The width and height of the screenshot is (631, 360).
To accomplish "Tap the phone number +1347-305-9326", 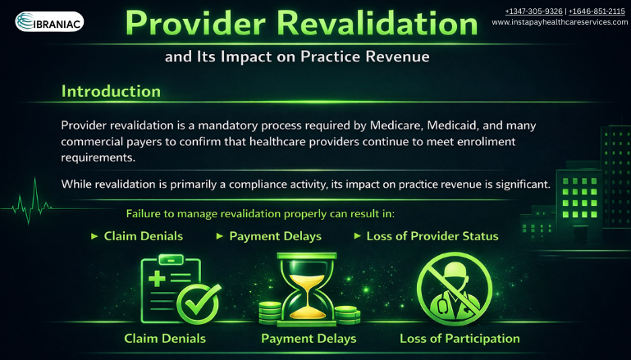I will pyautogui.click(x=533, y=11).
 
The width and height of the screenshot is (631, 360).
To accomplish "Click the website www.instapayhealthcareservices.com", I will pyautogui.click(x=560, y=22).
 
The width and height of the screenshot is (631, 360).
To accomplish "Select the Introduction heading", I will pyautogui.click(x=111, y=90).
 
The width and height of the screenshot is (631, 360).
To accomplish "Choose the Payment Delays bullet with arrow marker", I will pyautogui.click(x=270, y=236).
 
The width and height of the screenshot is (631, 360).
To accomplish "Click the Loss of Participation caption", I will pyautogui.click(x=460, y=339).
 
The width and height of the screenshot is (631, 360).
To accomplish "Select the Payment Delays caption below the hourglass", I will pyautogui.click(x=309, y=339).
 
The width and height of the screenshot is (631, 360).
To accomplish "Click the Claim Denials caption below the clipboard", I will pyautogui.click(x=165, y=339).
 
